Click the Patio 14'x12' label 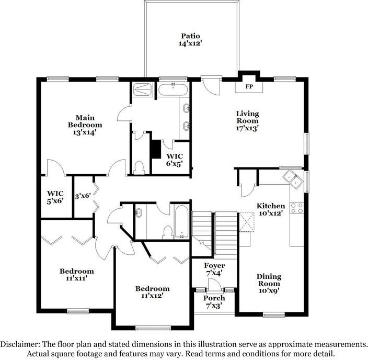pyautogui.click(x=190, y=40)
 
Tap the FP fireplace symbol pyautogui.click(x=249, y=86)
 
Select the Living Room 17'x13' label pyautogui.click(x=247, y=120)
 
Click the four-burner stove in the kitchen pyautogui.click(x=297, y=208)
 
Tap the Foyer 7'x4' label pyautogui.click(x=214, y=269)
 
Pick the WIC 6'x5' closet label pyautogui.click(x=175, y=160)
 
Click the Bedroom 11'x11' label pyautogui.click(x=76, y=275)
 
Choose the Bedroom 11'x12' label pyautogui.click(x=152, y=292)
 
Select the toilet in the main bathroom pyautogui.click(x=139, y=166)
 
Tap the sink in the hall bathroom pyautogui.click(x=140, y=213)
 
